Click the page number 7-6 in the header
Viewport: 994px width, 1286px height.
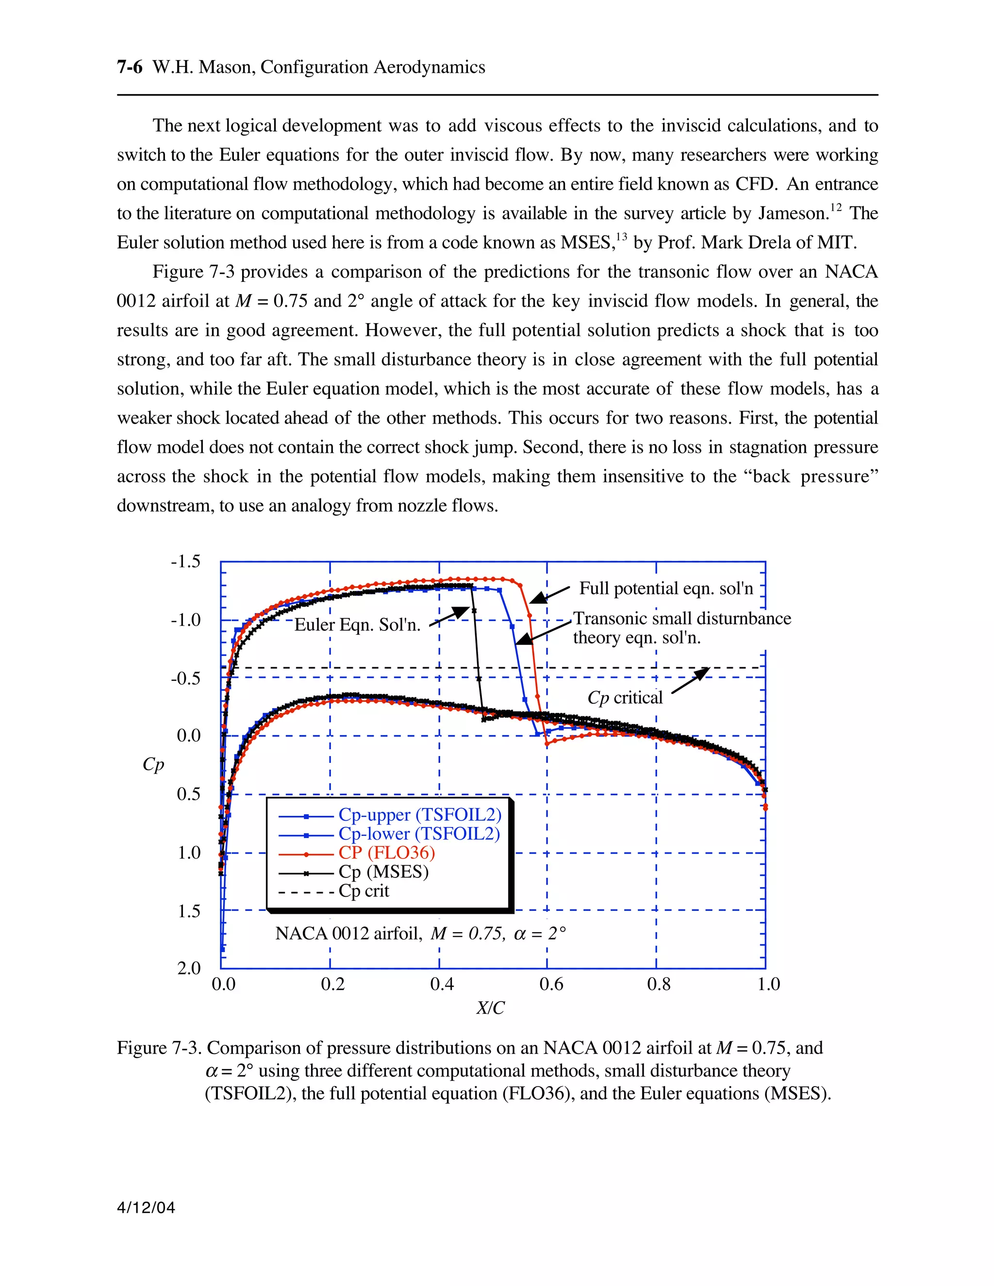[x=130, y=67]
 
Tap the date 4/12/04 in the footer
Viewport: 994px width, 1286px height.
[x=146, y=1208]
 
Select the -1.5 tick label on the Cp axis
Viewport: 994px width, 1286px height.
[x=185, y=561]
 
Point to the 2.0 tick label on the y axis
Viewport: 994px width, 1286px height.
[x=188, y=968]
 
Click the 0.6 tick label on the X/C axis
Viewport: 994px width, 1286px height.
[x=551, y=984]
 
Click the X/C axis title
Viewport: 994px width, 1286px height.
[x=491, y=1008]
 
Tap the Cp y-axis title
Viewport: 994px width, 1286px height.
[x=153, y=764]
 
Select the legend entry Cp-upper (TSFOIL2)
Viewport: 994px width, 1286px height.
[x=419, y=815]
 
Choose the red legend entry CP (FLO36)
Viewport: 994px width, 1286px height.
[x=386, y=853]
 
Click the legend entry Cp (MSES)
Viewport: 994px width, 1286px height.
[x=383, y=872]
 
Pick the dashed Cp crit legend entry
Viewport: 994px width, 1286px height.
[x=364, y=891]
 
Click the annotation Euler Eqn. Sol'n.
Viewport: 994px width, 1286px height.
[x=357, y=625]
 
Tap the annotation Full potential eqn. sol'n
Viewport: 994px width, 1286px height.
[x=666, y=588]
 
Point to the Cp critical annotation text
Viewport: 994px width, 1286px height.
[x=625, y=698]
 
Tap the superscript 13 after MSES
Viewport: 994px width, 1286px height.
[x=622, y=237]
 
